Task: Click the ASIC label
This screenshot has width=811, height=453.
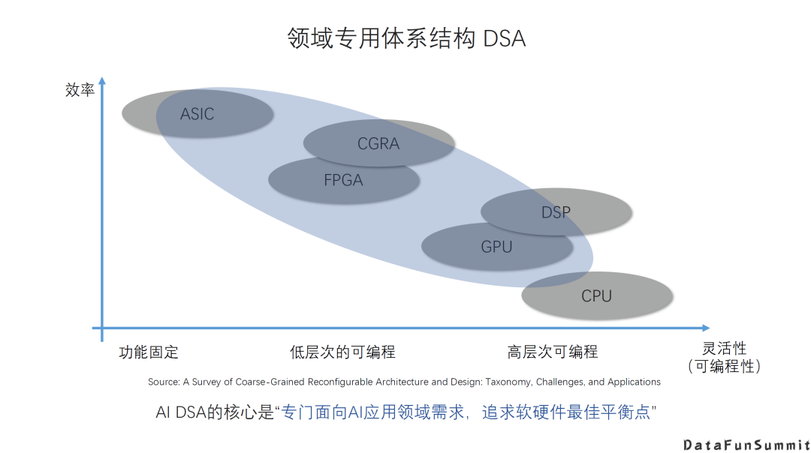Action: pos(197,115)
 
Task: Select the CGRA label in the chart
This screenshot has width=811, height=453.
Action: pos(378,143)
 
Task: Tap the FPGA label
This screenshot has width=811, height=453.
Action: pos(343,180)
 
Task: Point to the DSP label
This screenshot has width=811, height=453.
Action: pos(556,213)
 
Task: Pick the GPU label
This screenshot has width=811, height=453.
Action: pos(496,246)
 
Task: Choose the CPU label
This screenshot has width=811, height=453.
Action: pos(596,296)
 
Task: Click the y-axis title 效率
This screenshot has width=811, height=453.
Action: pos(80,91)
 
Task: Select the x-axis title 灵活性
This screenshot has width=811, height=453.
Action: pos(725,349)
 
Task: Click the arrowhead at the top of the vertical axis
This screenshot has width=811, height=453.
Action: pos(102,79)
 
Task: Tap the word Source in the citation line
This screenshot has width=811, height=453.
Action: pos(163,382)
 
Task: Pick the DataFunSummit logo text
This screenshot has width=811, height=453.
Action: pos(746,445)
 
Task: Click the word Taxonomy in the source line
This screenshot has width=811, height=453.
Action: pos(509,382)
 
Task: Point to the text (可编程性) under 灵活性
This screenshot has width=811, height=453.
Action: pos(725,367)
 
